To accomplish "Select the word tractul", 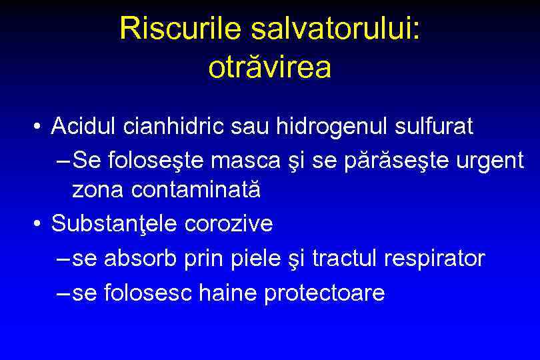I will (347, 258).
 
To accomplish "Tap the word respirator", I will (435, 259).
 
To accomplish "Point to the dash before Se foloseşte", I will (64, 160).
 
